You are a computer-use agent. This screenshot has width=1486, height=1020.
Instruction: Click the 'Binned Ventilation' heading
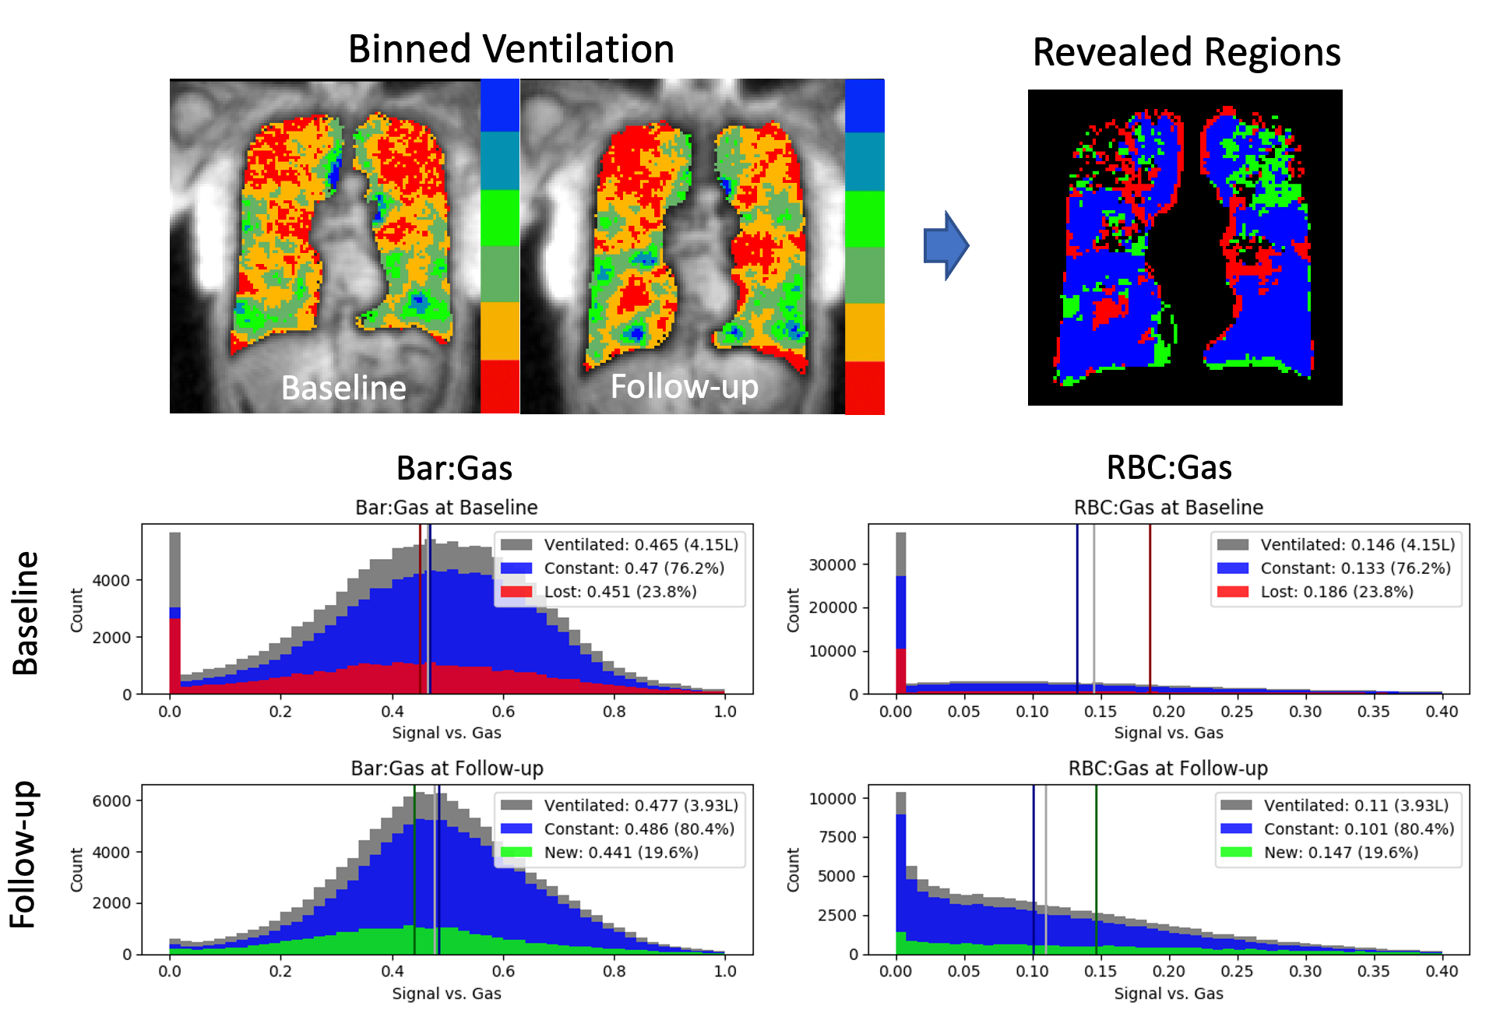(511, 50)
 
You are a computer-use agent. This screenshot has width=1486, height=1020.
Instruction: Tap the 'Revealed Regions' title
(1186, 53)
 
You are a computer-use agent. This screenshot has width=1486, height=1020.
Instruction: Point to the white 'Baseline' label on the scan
(343, 388)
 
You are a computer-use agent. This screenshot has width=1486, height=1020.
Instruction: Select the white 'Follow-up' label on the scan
(684, 387)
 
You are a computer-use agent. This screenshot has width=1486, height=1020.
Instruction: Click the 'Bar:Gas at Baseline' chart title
(446, 508)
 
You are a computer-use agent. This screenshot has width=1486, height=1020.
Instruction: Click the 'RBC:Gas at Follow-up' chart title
(1167, 769)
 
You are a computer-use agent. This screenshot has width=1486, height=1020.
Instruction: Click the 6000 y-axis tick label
(112, 801)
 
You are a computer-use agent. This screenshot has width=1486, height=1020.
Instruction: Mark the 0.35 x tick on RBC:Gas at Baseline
(1373, 712)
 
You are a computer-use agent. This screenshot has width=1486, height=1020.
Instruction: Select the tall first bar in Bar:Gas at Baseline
(174, 615)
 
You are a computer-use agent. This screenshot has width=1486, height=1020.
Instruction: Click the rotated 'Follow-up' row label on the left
(23, 854)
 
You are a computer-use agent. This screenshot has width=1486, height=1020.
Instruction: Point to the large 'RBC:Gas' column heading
(1169, 468)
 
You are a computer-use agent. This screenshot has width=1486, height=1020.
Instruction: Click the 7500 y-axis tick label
(838, 837)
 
